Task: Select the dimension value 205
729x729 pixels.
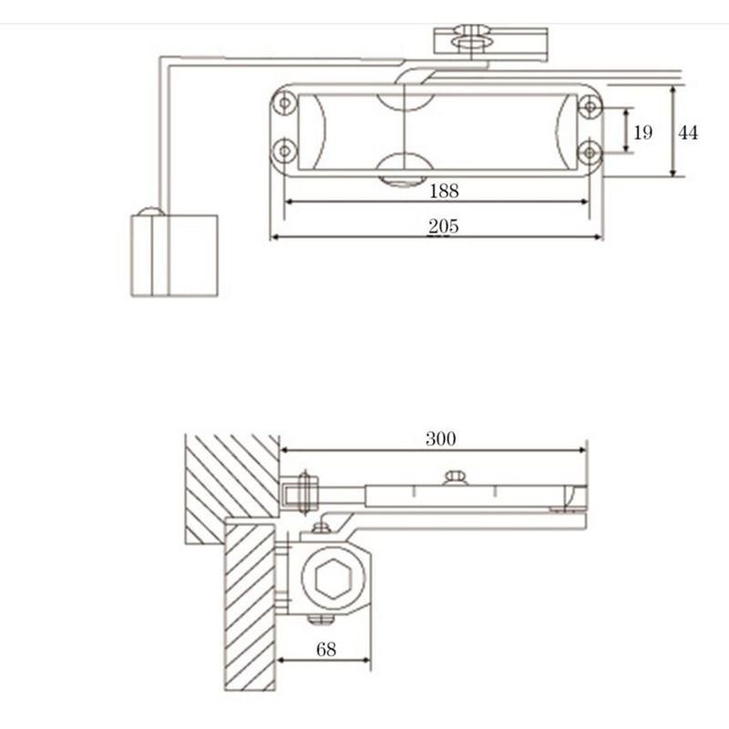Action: (x=444, y=226)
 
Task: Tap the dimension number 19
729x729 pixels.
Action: (x=643, y=133)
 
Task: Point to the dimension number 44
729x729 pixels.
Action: (x=688, y=133)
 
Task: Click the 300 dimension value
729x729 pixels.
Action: (x=440, y=438)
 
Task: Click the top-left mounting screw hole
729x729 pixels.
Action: (x=284, y=104)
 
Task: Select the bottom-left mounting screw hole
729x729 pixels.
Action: (x=284, y=149)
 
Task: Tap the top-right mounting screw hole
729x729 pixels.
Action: (x=590, y=106)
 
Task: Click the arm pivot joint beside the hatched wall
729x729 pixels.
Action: (x=303, y=492)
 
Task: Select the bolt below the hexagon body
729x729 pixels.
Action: (x=319, y=621)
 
